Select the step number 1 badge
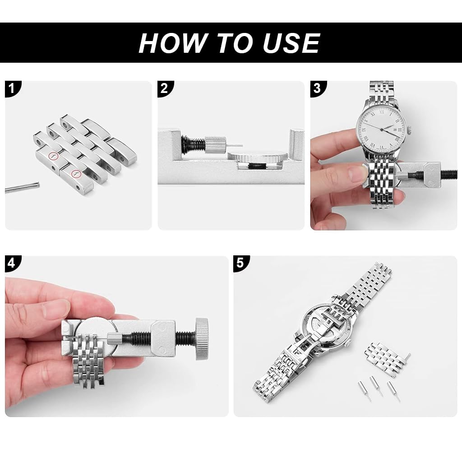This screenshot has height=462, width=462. [12, 88]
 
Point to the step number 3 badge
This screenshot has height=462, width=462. [317, 88]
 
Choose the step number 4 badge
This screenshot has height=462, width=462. [12, 263]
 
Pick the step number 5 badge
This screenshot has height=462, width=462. [240, 263]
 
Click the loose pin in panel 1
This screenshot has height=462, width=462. [22, 187]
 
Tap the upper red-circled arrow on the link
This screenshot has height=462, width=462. [54, 156]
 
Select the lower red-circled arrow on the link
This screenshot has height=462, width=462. [76, 174]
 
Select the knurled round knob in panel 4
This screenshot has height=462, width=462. [202, 339]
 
